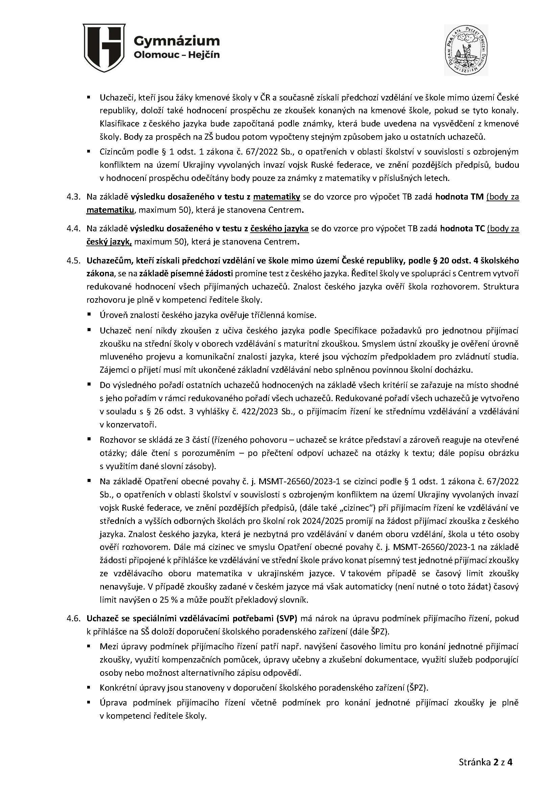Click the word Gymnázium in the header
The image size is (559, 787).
(x=176, y=41)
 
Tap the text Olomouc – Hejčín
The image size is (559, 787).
(x=176, y=55)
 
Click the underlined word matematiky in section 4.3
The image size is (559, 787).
(x=277, y=197)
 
